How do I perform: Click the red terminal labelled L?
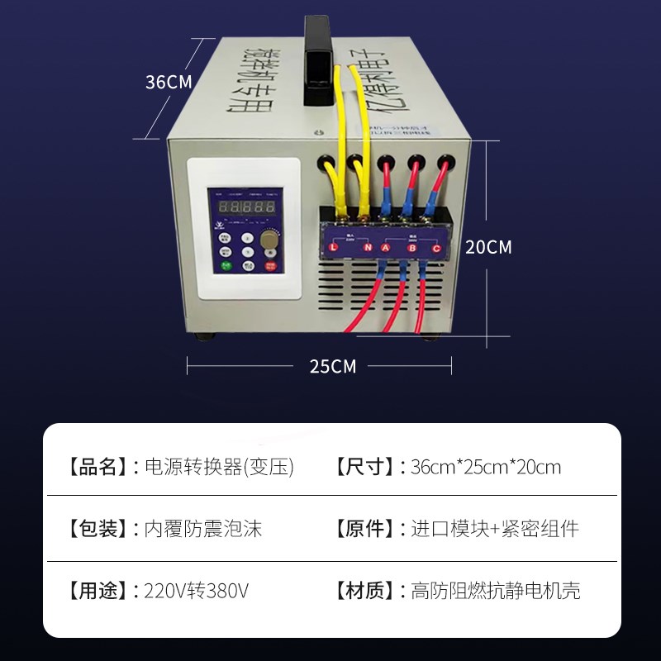tap(334, 247)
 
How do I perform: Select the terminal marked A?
tap(385, 247)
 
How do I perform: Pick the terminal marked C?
tap(436, 247)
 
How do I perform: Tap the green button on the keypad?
tap(225, 266)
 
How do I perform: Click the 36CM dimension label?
tap(169, 83)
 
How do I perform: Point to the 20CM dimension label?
tap(488, 247)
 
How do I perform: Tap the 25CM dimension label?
tap(333, 366)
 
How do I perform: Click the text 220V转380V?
tap(196, 592)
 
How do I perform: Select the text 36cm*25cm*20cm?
tap(486, 467)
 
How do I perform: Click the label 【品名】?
tap(96, 467)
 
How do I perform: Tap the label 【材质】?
tap(363, 592)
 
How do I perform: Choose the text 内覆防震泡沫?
tap(203, 529)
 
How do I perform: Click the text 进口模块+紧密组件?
tap(495, 529)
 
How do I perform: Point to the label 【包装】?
tap(96, 529)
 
